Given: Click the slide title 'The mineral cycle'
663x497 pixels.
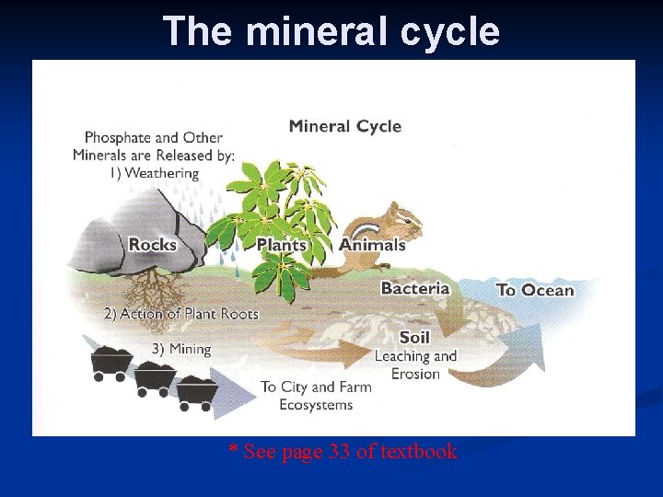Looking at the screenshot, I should (331, 31).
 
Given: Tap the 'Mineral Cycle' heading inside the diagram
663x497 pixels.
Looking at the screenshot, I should (345, 126).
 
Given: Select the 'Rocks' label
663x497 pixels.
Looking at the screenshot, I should (153, 245).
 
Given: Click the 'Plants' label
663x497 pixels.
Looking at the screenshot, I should (281, 245).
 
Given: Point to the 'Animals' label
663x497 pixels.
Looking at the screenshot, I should (372, 245).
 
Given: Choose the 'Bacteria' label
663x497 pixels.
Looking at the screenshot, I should (415, 288).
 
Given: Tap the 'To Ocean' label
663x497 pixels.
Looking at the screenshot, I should (535, 290).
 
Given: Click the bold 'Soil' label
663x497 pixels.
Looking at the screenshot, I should (414, 337).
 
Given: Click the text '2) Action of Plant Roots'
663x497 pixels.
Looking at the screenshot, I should (181, 314).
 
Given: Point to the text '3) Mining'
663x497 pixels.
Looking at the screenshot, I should (181, 349).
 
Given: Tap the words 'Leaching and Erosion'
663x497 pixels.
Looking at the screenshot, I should (415, 364).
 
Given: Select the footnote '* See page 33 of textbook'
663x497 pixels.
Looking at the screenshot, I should (343, 452).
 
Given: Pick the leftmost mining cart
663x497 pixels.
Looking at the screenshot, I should (110, 362).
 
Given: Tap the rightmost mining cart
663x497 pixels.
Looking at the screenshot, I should (197, 389).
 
